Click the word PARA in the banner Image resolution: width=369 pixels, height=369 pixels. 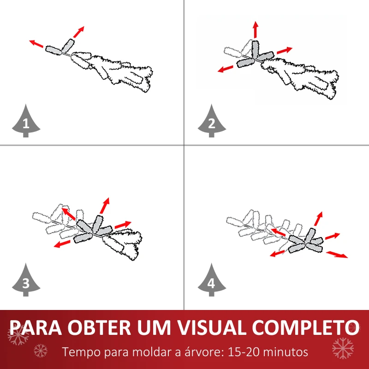tap(36, 327)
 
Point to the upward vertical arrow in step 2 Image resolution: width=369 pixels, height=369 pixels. tap(256, 29)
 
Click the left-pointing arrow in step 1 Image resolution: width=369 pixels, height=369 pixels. tap(36, 44)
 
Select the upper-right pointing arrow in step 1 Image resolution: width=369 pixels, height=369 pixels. tap(78, 32)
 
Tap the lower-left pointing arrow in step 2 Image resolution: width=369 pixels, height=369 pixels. tap(225, 69)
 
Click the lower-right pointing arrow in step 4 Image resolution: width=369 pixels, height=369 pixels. tap(337, 255)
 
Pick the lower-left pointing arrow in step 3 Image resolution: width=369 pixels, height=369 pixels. tap(62, 244)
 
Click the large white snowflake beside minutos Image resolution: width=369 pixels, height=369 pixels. tap(343, 348)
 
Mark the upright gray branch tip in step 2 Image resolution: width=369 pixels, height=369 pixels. tap(256, 49)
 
